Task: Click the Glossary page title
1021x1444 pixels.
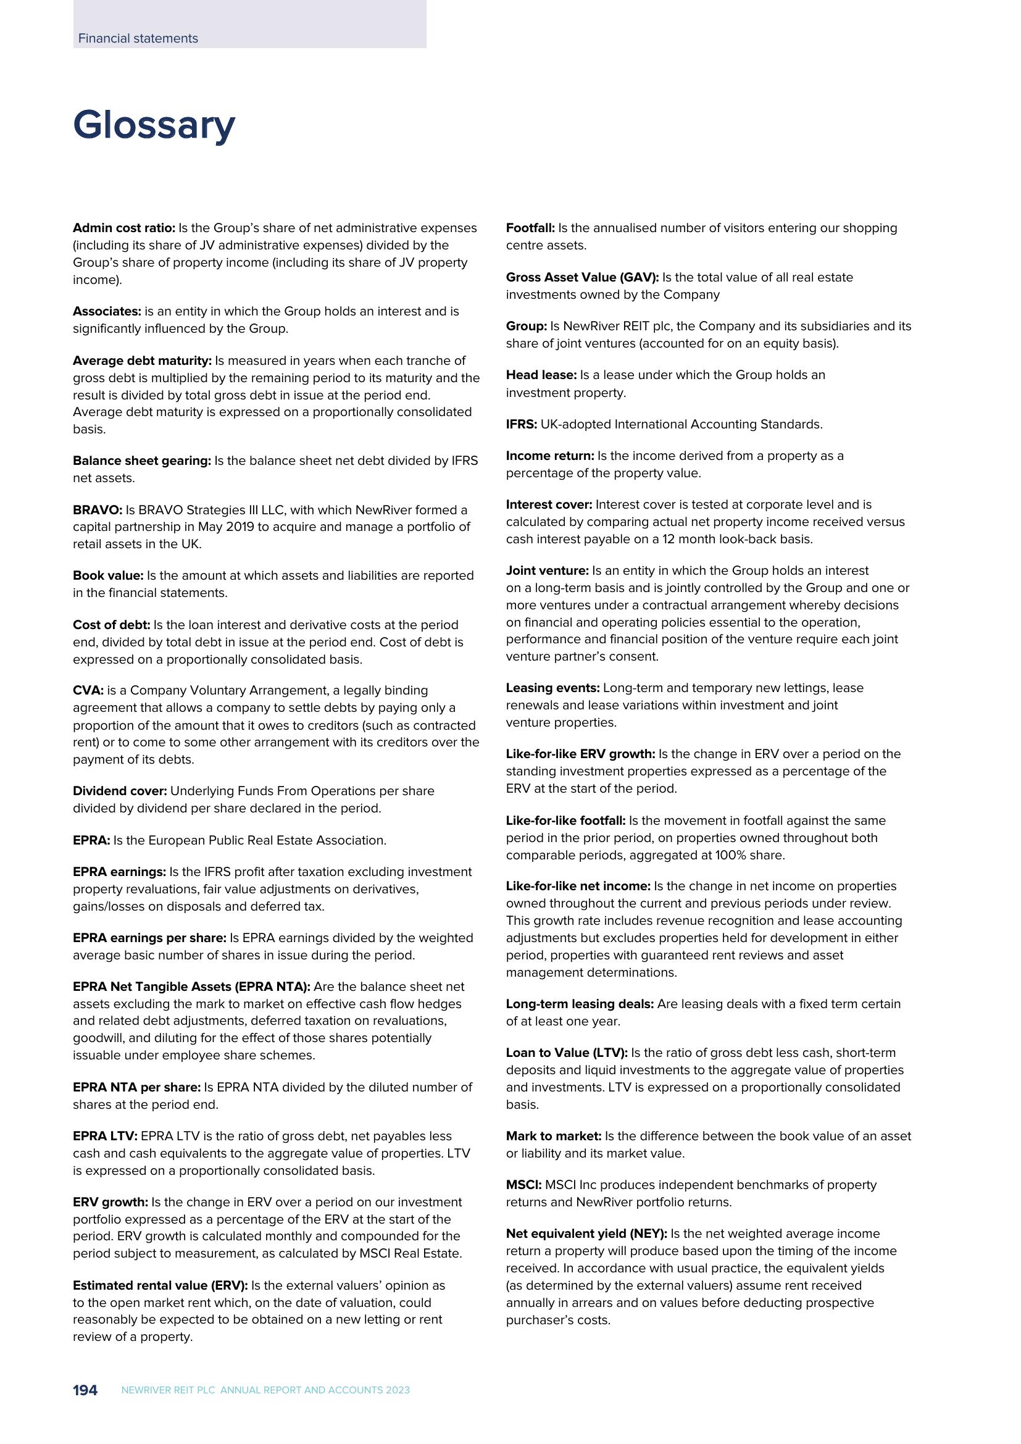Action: point(154,126)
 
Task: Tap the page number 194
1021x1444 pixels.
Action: point(85,1390)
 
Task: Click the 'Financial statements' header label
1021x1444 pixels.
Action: point(138,38)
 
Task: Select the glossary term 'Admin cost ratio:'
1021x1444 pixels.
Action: point(124,228)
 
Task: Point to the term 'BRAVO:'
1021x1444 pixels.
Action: point(98,510)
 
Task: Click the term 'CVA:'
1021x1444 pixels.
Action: point(88,691)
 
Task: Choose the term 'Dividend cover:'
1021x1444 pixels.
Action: point(120,791)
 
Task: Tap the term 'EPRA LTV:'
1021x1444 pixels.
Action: point(105,1137)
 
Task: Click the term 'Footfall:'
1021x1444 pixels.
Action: point(530,228)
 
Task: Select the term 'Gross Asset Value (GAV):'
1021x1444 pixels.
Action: point(582,277)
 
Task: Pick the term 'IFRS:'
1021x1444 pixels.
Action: point(521,425)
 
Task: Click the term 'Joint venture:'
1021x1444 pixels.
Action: point(547,571)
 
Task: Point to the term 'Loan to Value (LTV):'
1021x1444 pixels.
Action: point(567,1053)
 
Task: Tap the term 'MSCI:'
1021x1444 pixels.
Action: point(523,1185)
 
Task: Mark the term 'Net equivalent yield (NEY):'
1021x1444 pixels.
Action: point(586,1234)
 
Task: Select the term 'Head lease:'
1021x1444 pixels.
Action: point(541,375)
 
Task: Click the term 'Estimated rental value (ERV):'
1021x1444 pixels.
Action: point(160,1285)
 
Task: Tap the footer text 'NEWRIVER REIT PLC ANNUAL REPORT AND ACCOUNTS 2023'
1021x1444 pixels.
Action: point(265,1390)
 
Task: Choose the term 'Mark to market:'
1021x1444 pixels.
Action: point(553,1137)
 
